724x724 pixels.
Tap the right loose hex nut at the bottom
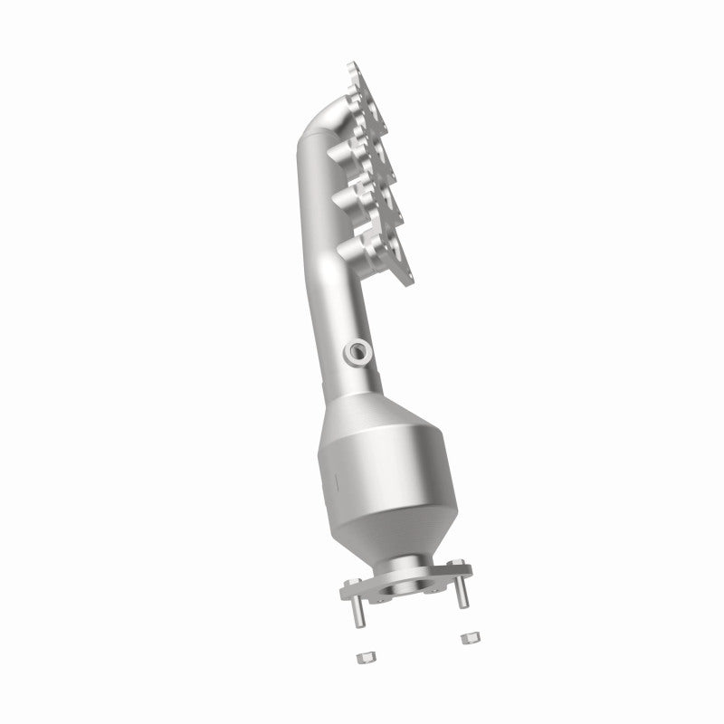468,639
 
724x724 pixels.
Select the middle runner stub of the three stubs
353,195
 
